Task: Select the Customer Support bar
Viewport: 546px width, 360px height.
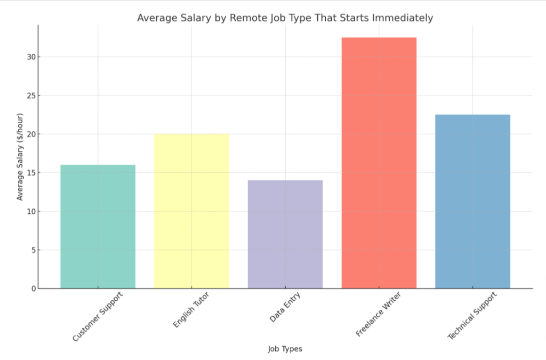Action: pyautogui.click(x=98, y=227)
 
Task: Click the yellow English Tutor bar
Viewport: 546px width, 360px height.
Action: pyautogui.click(x=191, y=211)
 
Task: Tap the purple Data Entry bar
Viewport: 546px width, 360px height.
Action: pyautogui.click(x=285, y=234)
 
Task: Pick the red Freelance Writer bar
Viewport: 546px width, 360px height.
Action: pyautogui.click(x=379, y=163)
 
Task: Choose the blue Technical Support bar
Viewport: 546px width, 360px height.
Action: pyautogui.click(x=472, y=202)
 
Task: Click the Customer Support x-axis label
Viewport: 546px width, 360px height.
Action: pyautogui.click(x=98, y=316)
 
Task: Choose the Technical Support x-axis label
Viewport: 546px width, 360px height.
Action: pyautogui.click(x=472, y=316)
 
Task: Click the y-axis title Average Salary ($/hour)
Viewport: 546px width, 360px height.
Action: pyautogui.click(x=20, y=157)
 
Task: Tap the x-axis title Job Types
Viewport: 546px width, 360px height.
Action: pyautogui.click(x=285, y=349)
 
